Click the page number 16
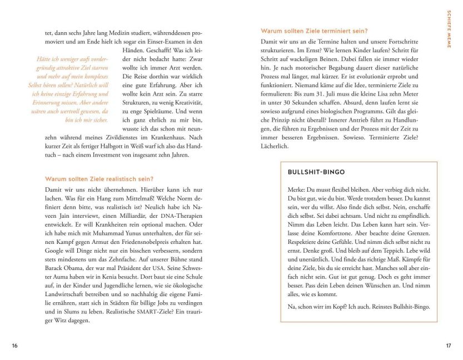(14, 346)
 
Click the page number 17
(449, 346)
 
